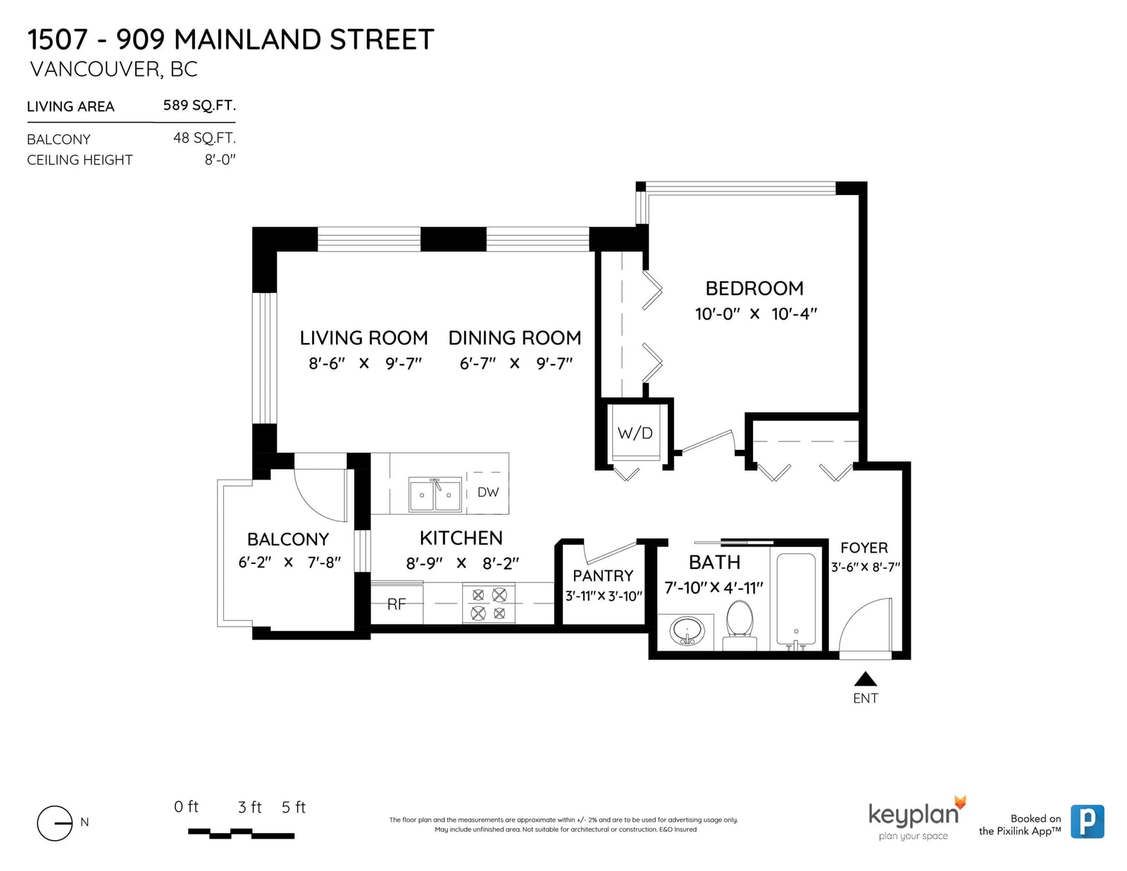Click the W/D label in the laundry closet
[x=635, y=433]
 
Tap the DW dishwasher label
[x=487, y=492]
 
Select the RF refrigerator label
[x=397, y=604]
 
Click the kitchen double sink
[x=435, y=494]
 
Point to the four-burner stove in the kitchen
[x=489, y=603]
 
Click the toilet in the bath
[x=739, y=625]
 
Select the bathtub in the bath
[x=795, y=600]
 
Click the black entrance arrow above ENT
[x=865, y=679]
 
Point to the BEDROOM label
[x=754, y=288]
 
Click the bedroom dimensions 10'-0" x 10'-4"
[x=756, y=313]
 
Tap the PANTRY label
[x=603, y=576]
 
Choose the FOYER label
[x=864, y=548]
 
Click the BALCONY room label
[x=288, y=539]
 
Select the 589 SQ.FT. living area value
[x=199, y=105]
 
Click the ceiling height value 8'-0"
[x=220, y=160]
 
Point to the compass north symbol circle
[x=54, y=823]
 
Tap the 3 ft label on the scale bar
[x=249, y=807]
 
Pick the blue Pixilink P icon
[x=1087, y=821]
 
